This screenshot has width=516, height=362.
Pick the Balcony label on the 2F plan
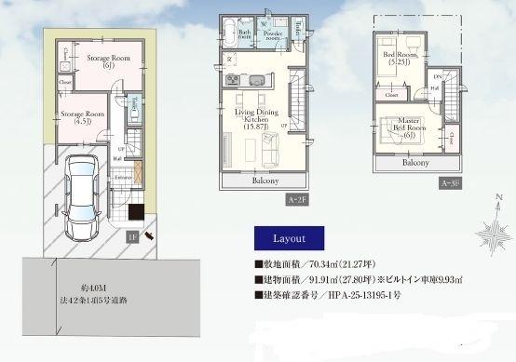(265, 181)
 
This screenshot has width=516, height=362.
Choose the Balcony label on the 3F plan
(414, 161)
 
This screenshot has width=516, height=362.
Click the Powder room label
(273, 35)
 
